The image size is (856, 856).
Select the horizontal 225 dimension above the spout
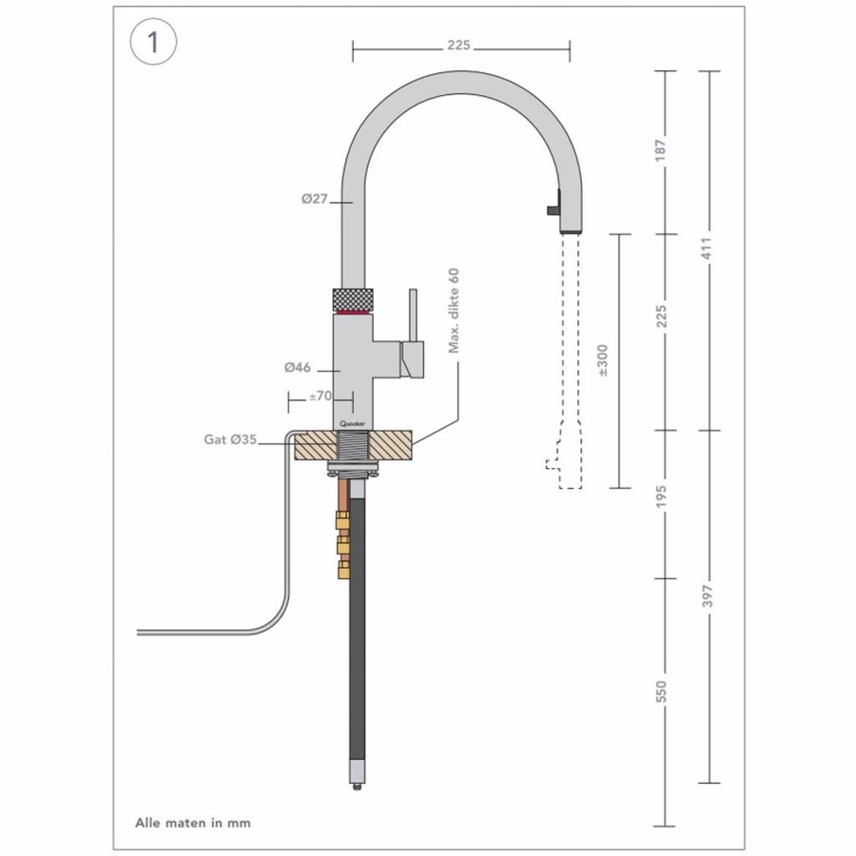pyautogui.click(x=460, y=45)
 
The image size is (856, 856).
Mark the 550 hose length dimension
pyautogui.click(x=664, y=691)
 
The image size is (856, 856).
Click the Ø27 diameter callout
pyautogui.click(x=314, y=199)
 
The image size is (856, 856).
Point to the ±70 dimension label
pyautogui.click(x=321, y=396)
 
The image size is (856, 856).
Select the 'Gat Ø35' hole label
pyautogui.click(x=229, y=439)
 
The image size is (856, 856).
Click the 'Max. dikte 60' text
pyautogui.click(x=454, y=311)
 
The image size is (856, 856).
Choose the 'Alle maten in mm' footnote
pyautogui.click(x=193, y=822)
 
